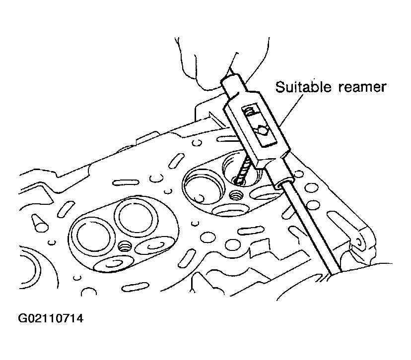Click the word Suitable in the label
coord(303,87)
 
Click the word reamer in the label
coord(362,88)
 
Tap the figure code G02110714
coord(51,318)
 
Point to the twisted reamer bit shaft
coord(242,170)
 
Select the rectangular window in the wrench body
coord(259,126)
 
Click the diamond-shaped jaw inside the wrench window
coord(263,130)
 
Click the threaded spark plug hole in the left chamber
coord(124,246)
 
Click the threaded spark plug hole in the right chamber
coord(235,195)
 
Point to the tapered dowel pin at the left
coord(39,223)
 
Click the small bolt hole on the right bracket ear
coord(359,243)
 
